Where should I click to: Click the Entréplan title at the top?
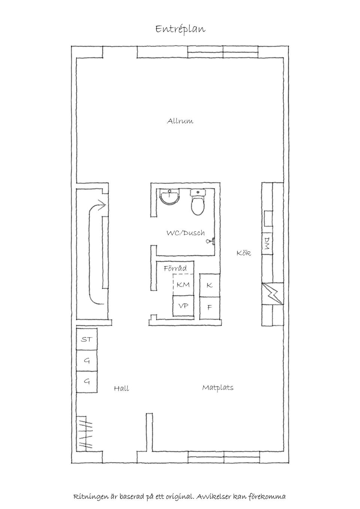pyautogui.click(x=180, y=30)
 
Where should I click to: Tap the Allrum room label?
pyautogui.click(x=180, y=121)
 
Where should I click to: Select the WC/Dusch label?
pyautogui.click(x=186, y=233)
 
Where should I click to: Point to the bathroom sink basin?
pyautogui.click(x=170, y=197)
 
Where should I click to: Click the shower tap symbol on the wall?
pyautogui.click(x=210, y=241)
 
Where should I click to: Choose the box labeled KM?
pyautogui.click(x=183, y=285)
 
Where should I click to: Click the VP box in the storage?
pyautogui.click(x=183, y=306)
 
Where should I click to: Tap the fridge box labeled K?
pyautogui.click(x=210, y=285)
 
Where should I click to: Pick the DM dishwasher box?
pyautogui.click(x=267, y=243)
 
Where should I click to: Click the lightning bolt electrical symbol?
pyautogui.click(x=273, y=294)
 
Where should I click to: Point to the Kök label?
pyautogui.click(x=244, y=253)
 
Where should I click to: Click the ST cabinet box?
pyautogui.click(x=87, y=340)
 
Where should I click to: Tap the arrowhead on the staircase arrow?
pyautogui.click(x=102, y=205)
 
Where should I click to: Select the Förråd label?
pyautogui.click(x=175, y=268)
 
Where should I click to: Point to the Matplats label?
pyautogui.click(x=218, y=387)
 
